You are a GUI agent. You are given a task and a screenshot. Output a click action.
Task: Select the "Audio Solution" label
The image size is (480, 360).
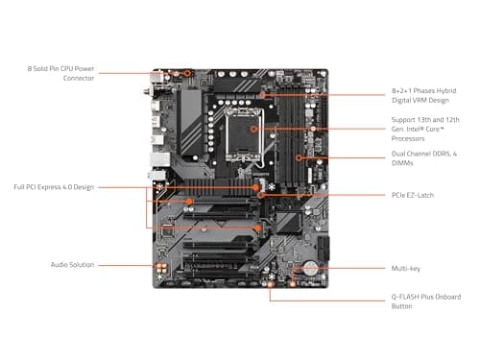(73, 264)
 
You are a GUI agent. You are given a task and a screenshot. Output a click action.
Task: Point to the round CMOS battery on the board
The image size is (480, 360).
(311, 270)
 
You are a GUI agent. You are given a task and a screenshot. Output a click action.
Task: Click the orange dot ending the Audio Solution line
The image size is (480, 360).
(160, 266)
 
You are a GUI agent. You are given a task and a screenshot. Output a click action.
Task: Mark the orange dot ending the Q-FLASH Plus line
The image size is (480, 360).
(271, 284)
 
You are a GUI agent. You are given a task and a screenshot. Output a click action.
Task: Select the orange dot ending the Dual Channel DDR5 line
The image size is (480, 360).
(300, 156)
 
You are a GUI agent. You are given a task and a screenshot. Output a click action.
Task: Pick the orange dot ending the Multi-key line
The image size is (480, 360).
(295, 270)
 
